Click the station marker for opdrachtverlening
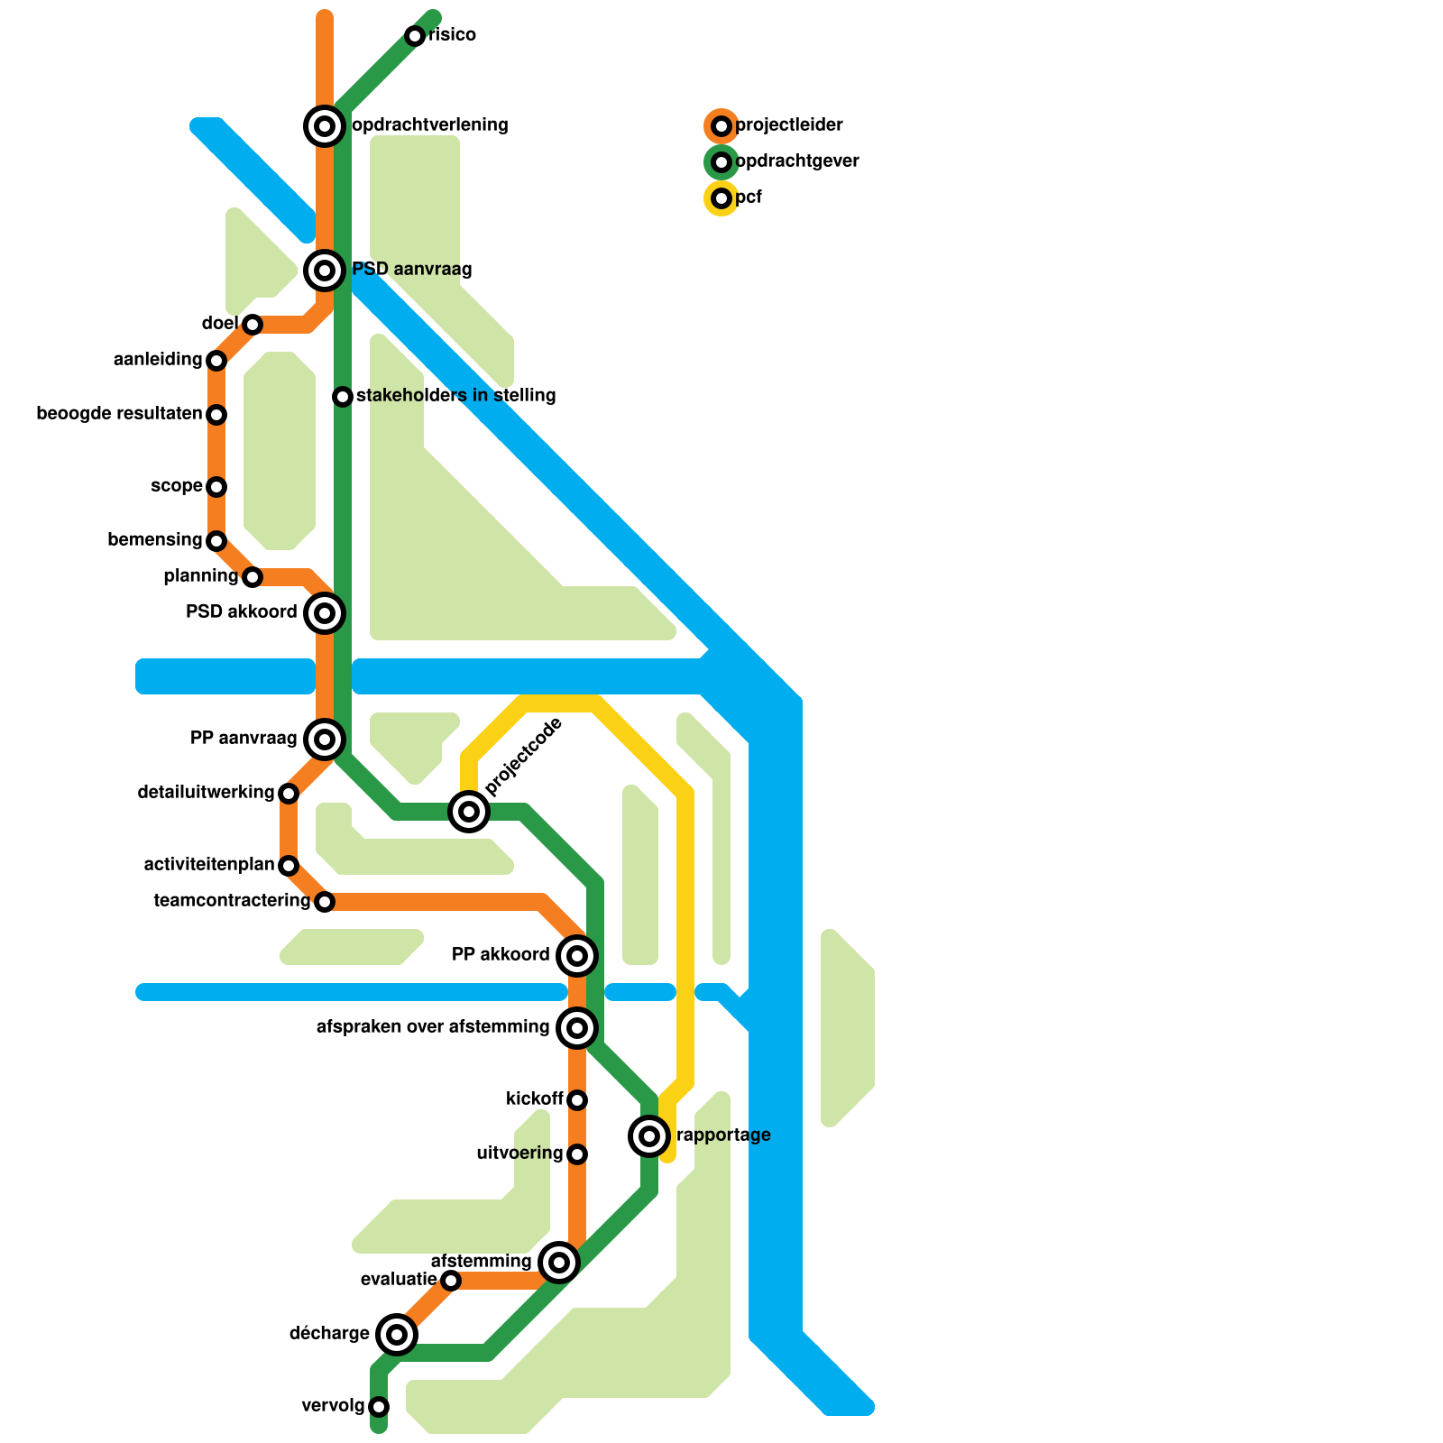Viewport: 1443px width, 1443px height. pos(325,126)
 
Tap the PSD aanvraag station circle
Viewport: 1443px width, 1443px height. pos(325,271)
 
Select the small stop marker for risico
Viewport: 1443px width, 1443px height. pos(415,36)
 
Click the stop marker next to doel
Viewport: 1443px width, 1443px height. pos(253,325)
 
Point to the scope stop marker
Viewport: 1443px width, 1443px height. pos(216,487)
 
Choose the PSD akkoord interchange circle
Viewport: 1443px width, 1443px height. pos(325,613)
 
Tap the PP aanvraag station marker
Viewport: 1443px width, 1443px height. pos(325,740)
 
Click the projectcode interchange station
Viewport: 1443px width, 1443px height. pos(469,812)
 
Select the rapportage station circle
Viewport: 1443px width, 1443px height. pos(649,1136)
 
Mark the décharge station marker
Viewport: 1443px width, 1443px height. pos(397,1335)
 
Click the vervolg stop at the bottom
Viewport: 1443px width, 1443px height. pos(379,1407)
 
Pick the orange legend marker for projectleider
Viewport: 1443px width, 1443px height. pos(721,126)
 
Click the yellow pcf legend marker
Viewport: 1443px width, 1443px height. pos(721,198)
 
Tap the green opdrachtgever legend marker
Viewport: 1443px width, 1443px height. pos(721,162)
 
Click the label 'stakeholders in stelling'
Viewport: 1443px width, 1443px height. pos(455,396)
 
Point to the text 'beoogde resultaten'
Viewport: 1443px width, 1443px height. pos(119,414)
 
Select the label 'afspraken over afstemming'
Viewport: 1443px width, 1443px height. pos(433,1027)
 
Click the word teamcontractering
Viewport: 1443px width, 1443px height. pos(232,901)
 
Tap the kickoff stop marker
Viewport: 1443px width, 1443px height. pos(577,1100)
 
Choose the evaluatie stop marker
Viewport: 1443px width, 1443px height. pos(451,1281)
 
